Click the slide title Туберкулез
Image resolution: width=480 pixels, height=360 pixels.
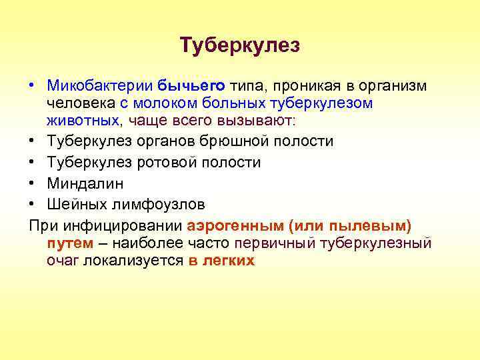coord(240,45)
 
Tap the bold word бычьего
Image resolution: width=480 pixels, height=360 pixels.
coord(193,86)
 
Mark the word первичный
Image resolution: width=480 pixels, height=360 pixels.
coord(275,243)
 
